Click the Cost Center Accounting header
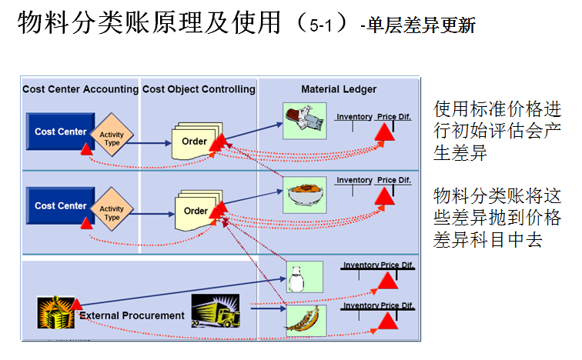tap(80, 89)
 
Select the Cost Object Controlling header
tap(199, 89)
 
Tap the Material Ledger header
tap(339, 89)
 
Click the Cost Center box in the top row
tap(61, 132)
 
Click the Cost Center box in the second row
tap(61, 206)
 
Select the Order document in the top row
tap(195, 140)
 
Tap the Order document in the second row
tap(196, 210)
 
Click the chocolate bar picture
tap(300, 121)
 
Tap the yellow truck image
tap(211, 312)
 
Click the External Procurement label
tap(132, 315)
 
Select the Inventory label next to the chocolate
tap(354, 117)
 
